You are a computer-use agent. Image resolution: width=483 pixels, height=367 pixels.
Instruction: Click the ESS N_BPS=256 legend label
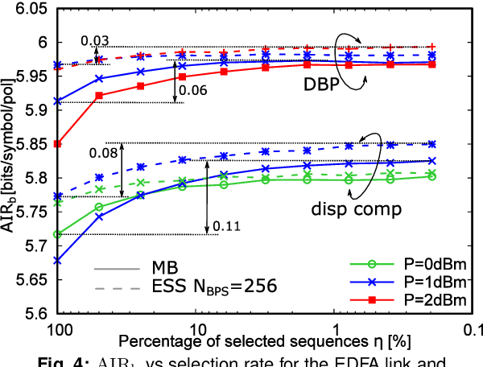(x=213, y=287)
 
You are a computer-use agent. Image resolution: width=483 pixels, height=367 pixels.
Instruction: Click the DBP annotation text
(x=322, y=83)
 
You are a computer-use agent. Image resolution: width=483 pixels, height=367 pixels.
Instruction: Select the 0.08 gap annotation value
(x=102, y=151)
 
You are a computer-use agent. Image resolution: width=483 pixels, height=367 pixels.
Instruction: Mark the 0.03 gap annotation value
(x=94, y=40)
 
